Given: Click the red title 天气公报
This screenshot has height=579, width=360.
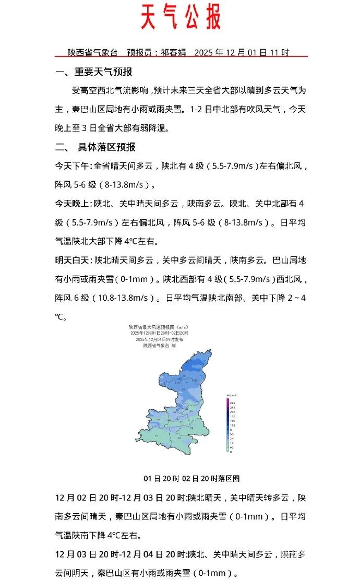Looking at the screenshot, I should (x=181, y=18).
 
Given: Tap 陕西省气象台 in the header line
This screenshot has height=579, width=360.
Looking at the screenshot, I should (x=92, y=53).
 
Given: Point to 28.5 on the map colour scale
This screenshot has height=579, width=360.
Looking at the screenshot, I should (x=232, y=404).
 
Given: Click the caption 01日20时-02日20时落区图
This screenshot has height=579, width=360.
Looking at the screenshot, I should (x=191, y=478).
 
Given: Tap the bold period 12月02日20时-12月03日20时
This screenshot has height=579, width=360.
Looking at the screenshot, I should (x=121, y=498).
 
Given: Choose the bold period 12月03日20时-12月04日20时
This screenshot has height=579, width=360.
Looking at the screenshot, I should (x=121, y=554).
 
